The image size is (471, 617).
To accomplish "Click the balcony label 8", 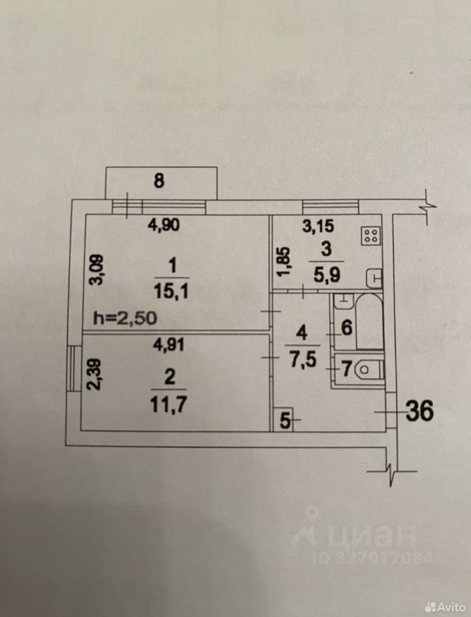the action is coord(159,181).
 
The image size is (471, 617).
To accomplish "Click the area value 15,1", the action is coord(170,292).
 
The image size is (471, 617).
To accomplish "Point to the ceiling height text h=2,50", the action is coord(125,317).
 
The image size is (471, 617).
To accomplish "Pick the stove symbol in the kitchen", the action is coord(370,236).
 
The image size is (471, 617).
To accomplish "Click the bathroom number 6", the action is coord(345,328).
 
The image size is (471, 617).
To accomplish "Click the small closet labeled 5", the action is coord(284,422).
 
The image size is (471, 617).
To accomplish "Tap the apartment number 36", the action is coord(418,409).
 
